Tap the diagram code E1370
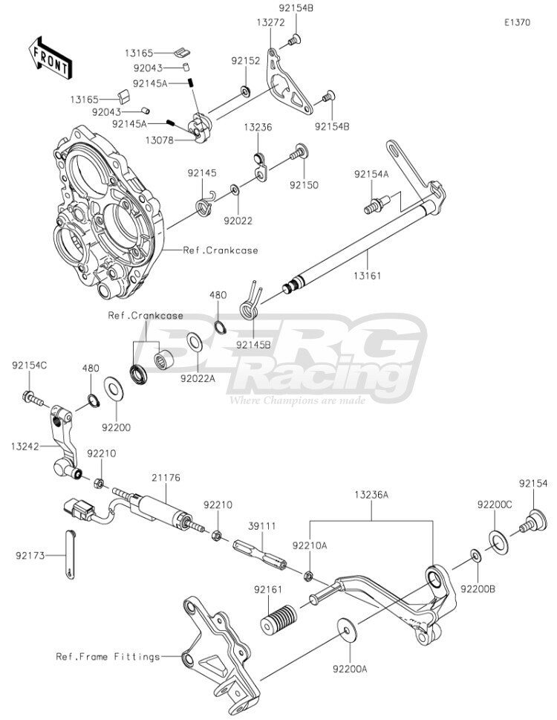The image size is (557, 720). tap(518, 22)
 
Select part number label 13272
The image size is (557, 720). tap(270, 22)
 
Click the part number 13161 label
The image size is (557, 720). tap(367, 276)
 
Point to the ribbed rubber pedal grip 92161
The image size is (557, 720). tap(278, 620)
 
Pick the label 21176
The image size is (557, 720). tap(166, 478)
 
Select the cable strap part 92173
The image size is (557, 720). tap(70, 554)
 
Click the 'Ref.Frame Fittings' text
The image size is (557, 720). tap(108, 657)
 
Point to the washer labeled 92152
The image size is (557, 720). tap(246, 91)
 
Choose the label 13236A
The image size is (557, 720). tap(371, 495)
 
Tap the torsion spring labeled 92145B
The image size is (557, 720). tap(251, 301)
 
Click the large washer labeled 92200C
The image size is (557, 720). tap(498, 542)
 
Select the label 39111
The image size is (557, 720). tap(262, 526)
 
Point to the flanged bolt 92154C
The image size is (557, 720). tap(33, 398)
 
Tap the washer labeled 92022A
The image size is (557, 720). tap(195, 343)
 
